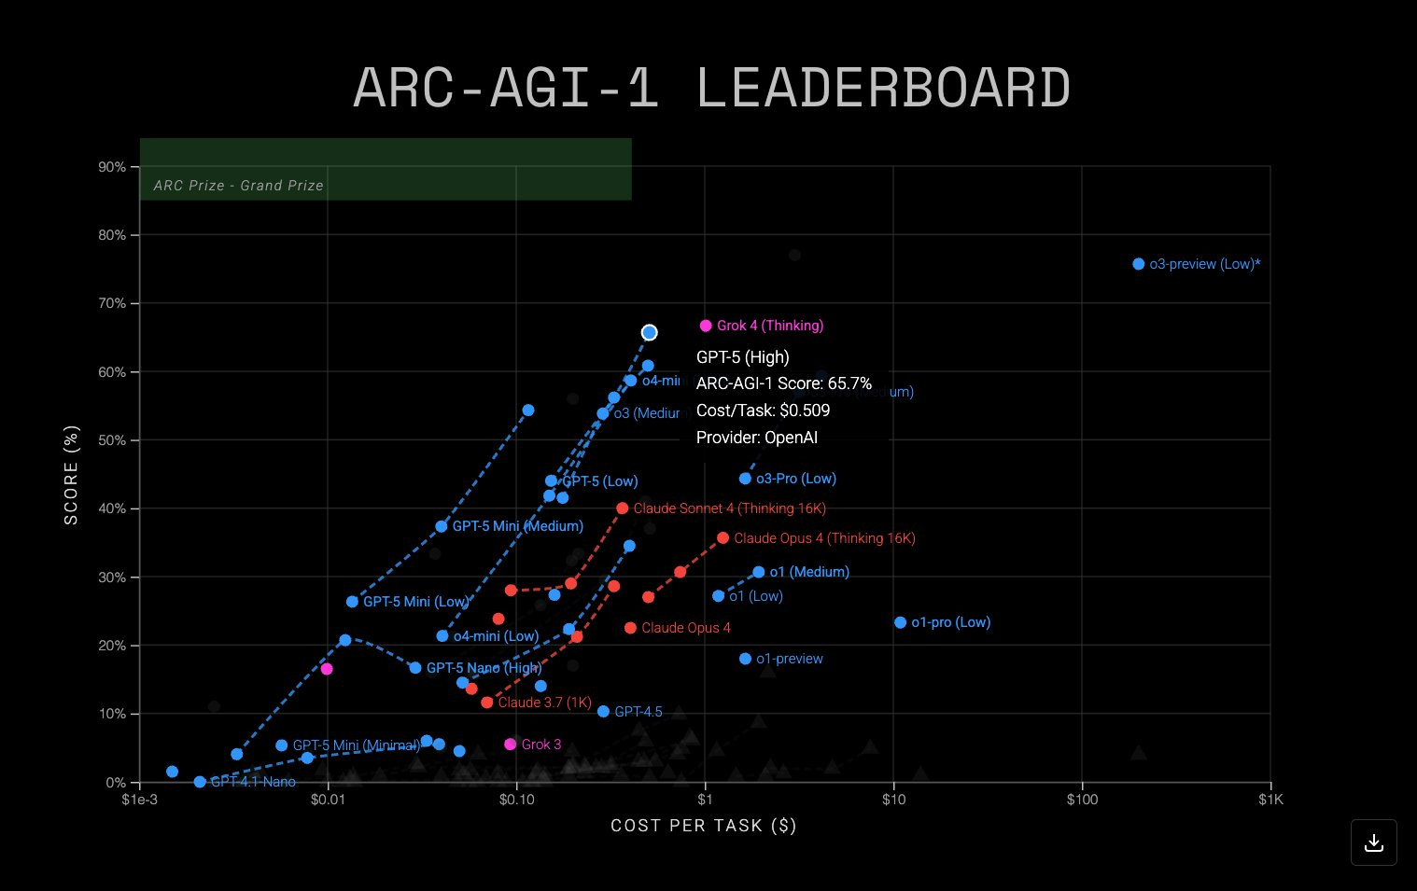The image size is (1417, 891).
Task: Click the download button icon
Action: pos(1373,842)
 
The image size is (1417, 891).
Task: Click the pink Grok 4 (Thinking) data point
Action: pos(706,326)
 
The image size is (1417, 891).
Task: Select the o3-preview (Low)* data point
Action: pos(1138,264)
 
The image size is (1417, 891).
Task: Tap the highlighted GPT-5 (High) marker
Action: pos(650,333)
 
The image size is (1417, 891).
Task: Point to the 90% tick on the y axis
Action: pos(112,167)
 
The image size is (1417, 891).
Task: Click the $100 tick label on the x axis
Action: pos(1082,800)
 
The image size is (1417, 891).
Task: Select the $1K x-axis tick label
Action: pos(1270,800)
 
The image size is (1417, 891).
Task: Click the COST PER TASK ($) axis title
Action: pos(704,826)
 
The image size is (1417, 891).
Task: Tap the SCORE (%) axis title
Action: pos(72,475)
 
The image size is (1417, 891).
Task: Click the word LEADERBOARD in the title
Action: pos(882,89)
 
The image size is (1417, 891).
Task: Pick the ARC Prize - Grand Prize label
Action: pos(239,186)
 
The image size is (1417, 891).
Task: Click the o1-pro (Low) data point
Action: pos(900,622)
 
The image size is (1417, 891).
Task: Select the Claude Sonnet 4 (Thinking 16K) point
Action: pos(622,508)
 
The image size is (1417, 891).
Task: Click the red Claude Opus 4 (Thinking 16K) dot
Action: pos(723,538)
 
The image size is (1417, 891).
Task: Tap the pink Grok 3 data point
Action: pos(510,745)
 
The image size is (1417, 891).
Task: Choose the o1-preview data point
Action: pos(745,659)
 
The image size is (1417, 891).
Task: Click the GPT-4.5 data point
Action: pos(603,712)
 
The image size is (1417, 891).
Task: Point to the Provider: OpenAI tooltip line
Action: pos(757,438)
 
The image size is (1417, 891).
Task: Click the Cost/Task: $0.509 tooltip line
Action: pos(763,411)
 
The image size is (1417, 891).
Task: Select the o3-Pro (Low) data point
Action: pos(745,479)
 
